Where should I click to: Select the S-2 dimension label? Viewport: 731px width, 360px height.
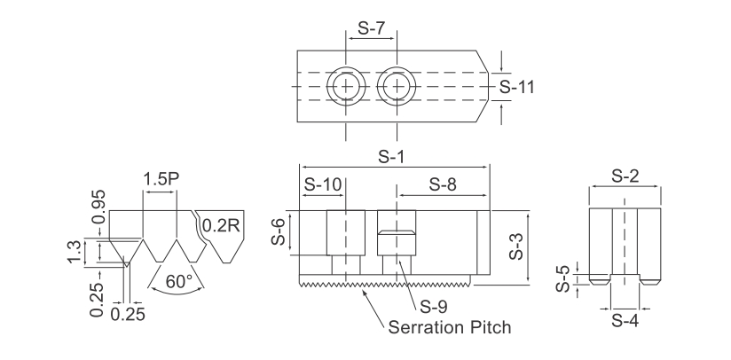(x=626, y=176)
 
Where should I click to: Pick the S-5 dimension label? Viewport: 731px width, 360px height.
(x=562, y=278)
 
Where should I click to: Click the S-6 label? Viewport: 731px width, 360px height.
(x=278, y=233)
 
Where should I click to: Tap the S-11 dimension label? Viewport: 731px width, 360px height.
(x=517, y=87)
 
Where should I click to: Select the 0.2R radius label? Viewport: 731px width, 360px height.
(x=220, y=225)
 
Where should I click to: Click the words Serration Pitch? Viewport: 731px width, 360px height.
(x=451, y=327)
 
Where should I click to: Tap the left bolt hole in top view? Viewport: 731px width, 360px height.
(x=346, y=87)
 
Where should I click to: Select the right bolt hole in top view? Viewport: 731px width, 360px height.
(x=397, y=87)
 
